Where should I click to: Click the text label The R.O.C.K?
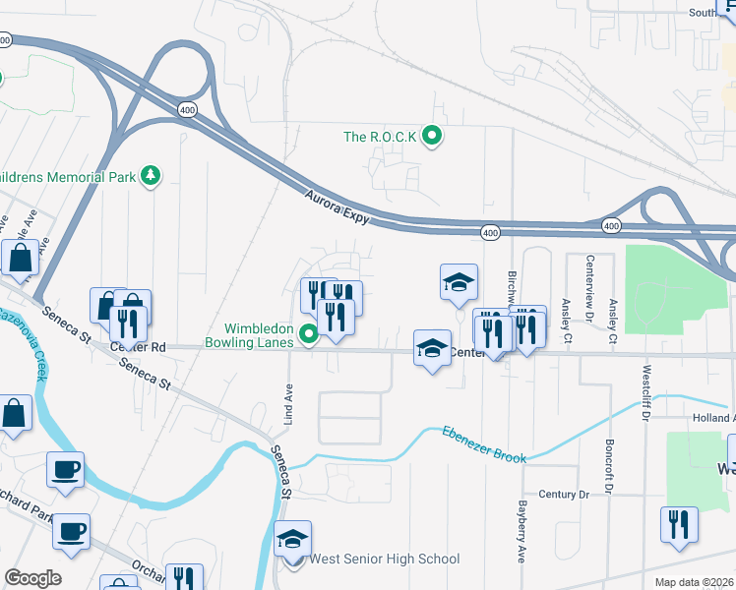pos(380,137)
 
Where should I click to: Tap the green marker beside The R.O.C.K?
pos(431,136)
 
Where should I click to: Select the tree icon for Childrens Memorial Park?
pos(151,176)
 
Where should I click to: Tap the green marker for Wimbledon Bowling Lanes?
pos(309,336)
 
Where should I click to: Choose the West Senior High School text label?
pos(385,560)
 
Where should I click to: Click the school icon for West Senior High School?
pos(292,540)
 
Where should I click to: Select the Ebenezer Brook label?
pos(484,444)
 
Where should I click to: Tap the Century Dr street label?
pos(563,494)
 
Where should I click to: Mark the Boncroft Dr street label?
pos(610,466)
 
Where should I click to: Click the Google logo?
pos(33,578)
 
